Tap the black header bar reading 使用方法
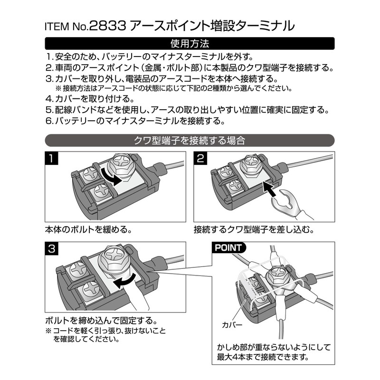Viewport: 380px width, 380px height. pos(190,44)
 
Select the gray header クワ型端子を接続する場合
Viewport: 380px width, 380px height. pos(190,140)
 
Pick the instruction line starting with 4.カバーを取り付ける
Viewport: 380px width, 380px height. pos(90,99)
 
